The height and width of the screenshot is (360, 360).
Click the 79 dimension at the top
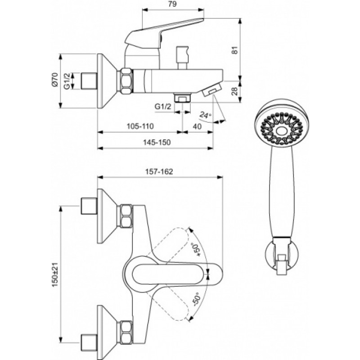tap(172, 4)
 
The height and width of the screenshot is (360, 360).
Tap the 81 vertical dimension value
tap(234, 50)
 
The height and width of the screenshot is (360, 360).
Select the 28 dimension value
tap(234, 92)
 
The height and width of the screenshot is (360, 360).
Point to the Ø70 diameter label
tap(54, 80)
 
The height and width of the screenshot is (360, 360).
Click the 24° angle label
tap(205, 115)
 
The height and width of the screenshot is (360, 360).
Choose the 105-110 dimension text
tap(140, 126)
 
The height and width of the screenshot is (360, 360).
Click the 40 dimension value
tap(197, 126)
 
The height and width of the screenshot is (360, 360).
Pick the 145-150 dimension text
tap(157, 142)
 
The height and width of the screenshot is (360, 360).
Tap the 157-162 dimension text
tap(159, 171)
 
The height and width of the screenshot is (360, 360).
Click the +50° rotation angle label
tap(197, 249)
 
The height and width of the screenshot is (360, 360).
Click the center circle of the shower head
tap(282, 131)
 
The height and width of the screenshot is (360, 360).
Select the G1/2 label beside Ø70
tap(67, 81)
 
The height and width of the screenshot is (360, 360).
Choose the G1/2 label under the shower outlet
tap(163, 107)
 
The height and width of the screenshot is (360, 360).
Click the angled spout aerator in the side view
tap(211, 90)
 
